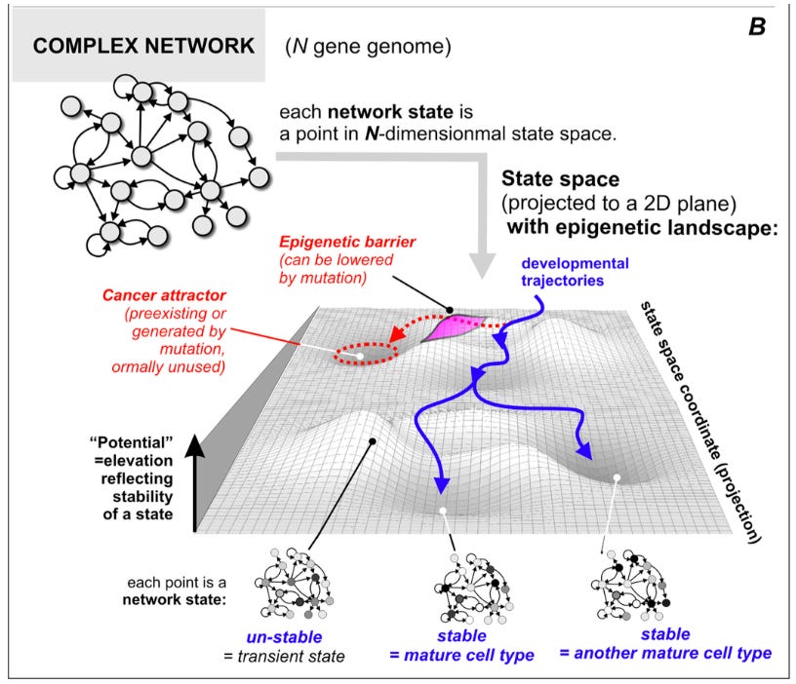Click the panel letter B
tap(757, 27)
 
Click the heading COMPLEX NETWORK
tap(143, 46)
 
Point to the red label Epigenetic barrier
tap(347, 242)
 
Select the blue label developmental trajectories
tap(575, 272)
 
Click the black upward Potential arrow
tap(194, 482)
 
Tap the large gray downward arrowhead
tap(481, 265)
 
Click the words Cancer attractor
tap(164, 295)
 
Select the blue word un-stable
tap(284, 637)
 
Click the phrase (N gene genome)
tap(368, 47)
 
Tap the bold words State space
tap(561, 179)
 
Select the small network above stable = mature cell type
tap(473, 589)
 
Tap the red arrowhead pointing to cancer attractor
tap(395, 334)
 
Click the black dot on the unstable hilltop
tap(373, 441)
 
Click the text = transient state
tap(284, 656)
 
